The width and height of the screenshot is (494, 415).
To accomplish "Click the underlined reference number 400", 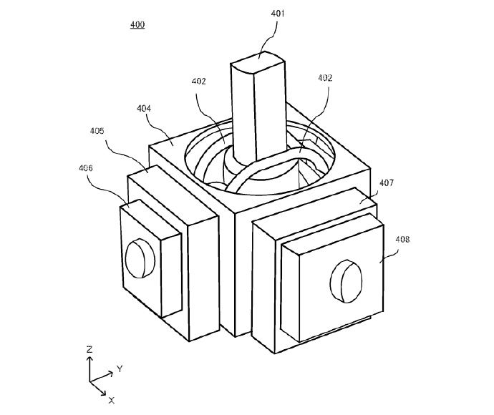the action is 137,24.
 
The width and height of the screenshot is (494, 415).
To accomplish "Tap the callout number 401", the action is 278,14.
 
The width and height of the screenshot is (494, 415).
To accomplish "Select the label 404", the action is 144,109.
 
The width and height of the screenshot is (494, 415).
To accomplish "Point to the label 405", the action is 97,131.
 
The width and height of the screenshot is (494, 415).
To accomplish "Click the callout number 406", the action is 86,168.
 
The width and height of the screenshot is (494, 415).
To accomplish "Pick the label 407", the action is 387,182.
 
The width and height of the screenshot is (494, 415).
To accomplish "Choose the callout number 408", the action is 402,240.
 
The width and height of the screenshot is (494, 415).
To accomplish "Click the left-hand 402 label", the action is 199,82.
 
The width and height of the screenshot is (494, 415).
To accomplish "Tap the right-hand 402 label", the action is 325,78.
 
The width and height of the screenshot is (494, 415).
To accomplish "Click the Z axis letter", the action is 89,349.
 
